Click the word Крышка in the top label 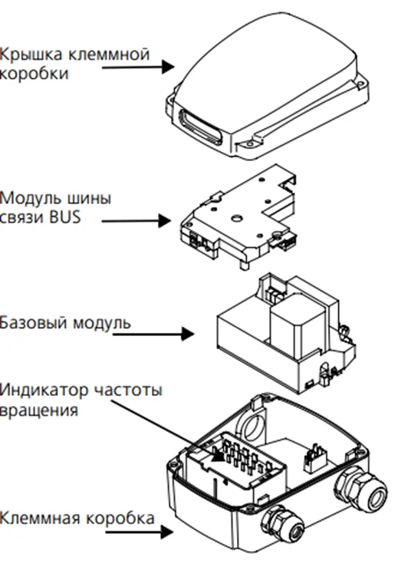(x=31, y=55)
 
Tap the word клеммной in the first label (x=109, y=54)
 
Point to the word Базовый (x=34, y=322)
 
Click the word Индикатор (x=44, y=391)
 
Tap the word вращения (x=38, y=411)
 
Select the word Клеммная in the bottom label (x=40, y=518)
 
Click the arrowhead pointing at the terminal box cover (x=168, y=67)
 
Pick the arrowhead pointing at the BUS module (x=164, y=220)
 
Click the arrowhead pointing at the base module (x=188, y=334)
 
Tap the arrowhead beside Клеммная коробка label (x=167, y=532)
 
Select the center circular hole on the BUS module (x=236, y=218)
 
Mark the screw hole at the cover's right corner (x=359, y=85)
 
